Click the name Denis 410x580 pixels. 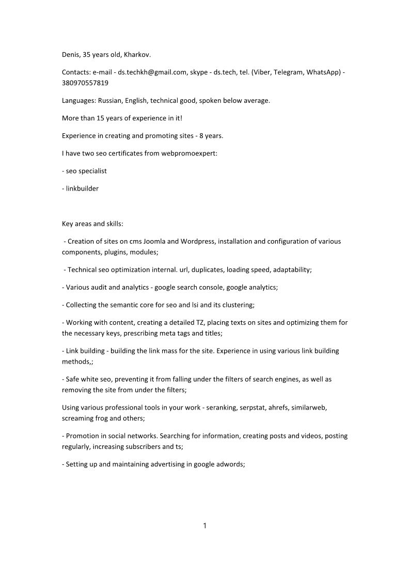coord(71,54)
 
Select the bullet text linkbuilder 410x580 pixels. coord(82,189)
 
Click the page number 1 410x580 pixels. coord(205,526)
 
